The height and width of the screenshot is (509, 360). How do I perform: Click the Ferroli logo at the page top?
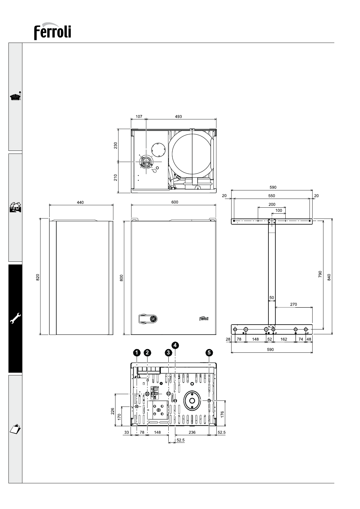point(53,31)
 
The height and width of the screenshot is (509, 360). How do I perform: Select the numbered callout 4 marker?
point(175,345)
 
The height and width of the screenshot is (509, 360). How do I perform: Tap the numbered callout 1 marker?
point(137,352)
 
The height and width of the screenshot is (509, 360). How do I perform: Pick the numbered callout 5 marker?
point(209,352)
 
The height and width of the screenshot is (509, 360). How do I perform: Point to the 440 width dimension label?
point(80,203)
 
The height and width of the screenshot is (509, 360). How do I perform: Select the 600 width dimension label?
point(175,203)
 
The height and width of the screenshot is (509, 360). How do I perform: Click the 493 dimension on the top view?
point(178,117)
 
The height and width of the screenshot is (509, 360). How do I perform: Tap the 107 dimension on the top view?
point(139,117)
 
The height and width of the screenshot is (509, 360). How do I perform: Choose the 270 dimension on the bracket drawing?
point(294,304)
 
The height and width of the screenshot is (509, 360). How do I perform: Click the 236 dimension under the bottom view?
point(192,433)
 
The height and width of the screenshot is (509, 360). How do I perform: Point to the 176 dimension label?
point(222,414)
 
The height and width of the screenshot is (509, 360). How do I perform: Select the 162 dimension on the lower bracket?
point(284,339)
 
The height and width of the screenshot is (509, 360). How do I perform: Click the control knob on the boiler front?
point(154,319)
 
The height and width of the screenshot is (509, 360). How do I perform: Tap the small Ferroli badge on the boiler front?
point(204,319)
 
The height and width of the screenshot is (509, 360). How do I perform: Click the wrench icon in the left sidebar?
point(15,318)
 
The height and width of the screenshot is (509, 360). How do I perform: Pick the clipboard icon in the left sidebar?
point(15,429)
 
